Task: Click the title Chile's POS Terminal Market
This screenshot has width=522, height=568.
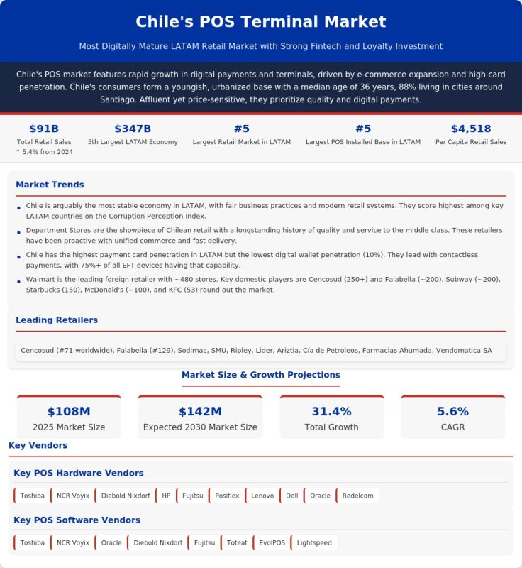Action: click(x=260, y=22)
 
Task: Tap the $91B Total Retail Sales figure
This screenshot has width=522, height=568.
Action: click(x=44, y=129)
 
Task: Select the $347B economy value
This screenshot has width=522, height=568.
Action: click(x=133, y=129)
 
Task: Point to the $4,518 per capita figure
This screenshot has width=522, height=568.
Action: click(x=471, y=129)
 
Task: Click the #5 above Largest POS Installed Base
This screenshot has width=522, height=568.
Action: click(x=363, y=129)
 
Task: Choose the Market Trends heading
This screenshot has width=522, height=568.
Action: click(x=50, y=185)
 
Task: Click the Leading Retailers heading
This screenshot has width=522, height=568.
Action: click(x=57, y=320)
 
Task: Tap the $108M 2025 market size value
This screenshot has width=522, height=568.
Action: click(x=69, y=412)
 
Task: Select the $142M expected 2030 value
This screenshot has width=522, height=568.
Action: click(x=200, y=412)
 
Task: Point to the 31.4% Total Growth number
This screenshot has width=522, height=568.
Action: click(x=332, y=412)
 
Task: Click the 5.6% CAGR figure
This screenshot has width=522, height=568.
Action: click(x=453, y=412)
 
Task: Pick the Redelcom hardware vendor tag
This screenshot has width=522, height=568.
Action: click(x=357, y=496)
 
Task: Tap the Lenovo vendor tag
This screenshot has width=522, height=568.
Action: click(x=262, y=496)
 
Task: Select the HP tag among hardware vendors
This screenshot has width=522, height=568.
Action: click(x=166, y=496)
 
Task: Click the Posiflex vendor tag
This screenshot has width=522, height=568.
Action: click(x=227, y=496)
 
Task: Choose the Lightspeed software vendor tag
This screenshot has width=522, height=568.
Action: click(x=314, y=542)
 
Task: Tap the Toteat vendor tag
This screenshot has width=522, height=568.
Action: click(x=237, y=542)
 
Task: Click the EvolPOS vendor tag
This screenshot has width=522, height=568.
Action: click(x=272, y=542)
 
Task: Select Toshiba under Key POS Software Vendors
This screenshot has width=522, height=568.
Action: click(x=32, y=542)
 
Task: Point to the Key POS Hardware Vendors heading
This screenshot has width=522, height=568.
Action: click(x=79, y=473)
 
